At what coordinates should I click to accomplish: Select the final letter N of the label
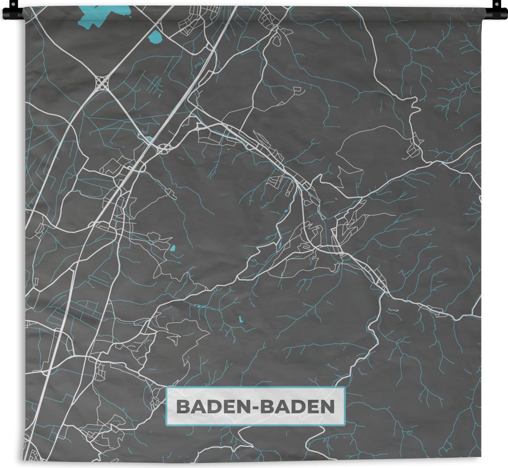click(328, 407)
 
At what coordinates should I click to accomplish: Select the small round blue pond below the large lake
click(156, 37)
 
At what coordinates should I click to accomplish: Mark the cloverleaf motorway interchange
click(102, 83)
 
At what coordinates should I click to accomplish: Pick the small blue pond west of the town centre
click(172, 248)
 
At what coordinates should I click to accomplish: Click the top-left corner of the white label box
click(166, 388)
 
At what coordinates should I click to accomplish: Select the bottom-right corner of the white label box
click(344, 425)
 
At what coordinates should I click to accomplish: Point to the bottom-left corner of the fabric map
click(24, 460)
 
